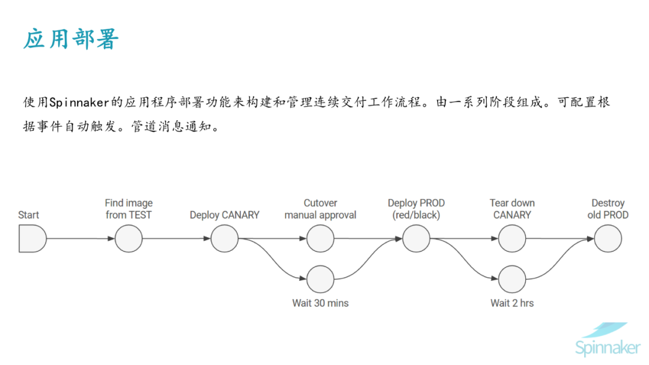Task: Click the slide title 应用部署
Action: pos(71,39)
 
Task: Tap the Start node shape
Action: pos(32,239)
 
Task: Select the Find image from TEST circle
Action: pos(129,239)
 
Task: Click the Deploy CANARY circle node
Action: pos(224,239)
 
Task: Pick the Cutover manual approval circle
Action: pos(320,239)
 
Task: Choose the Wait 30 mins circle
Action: pos(320,279)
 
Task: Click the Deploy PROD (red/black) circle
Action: pos(416,239)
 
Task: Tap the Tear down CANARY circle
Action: pos(512,239)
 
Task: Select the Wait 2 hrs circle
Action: pos(512,279)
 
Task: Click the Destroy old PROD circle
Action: pos(608,239)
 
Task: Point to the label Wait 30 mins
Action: pos(320,303)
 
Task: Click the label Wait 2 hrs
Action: pos(512,303)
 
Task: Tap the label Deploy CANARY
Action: pos(224,215)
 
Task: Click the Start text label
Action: pos(28,215)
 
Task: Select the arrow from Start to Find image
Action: pos(80,239)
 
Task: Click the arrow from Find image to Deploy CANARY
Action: pos(176,239)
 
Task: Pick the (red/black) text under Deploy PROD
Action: pos(416,215)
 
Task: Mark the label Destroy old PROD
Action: pos(608,209)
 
